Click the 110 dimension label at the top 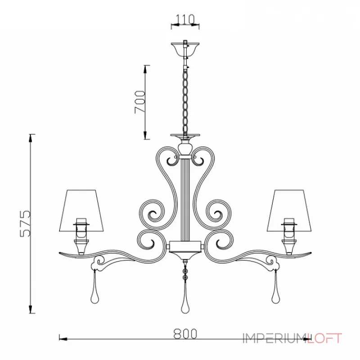point(185,19)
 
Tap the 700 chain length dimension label point(140,102)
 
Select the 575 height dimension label point(25,223)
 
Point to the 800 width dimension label point(185,333)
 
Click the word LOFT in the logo point(324,338)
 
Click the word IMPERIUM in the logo point(275,338)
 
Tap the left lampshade point(81,210)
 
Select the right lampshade point(289,210)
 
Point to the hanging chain point(185,100)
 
